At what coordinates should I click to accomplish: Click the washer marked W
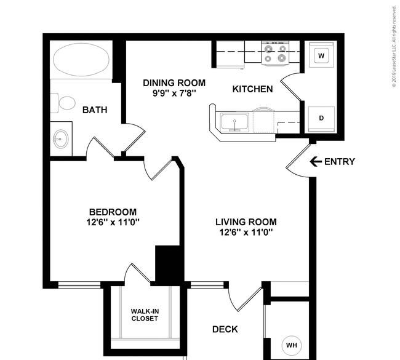click(x=321, y=55)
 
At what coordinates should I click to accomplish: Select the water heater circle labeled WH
click(x=291, y=345)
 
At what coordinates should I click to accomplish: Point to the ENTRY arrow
click(x=316, y=161)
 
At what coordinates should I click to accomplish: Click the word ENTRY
click(x=340, y=161)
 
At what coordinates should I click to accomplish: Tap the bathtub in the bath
click(x=81, y=60)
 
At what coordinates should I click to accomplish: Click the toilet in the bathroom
click(x=63, y=103)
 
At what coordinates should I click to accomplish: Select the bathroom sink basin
click(x=61, y=139)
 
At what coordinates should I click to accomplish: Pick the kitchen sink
click(x=234, y=122)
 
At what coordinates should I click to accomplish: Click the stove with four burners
click(x=275, y=54)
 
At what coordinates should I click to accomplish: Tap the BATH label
click(x=95, y=110)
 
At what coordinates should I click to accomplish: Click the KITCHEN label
click(x=252, y=89)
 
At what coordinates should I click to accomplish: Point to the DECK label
click(x=225, y=329)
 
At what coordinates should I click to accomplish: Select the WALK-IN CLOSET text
click(x=145, y=315)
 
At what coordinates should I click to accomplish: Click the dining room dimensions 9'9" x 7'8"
click(x=174, y=94)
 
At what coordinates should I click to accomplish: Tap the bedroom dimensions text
click(x=113, y=223)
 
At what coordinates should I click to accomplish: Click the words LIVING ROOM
click(x=246, y=222)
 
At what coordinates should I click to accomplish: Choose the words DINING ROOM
click(x=174, y=83)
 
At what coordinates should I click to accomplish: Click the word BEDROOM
click(x=113, y=212)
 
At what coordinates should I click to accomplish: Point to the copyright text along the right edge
click(x=394, y=46)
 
